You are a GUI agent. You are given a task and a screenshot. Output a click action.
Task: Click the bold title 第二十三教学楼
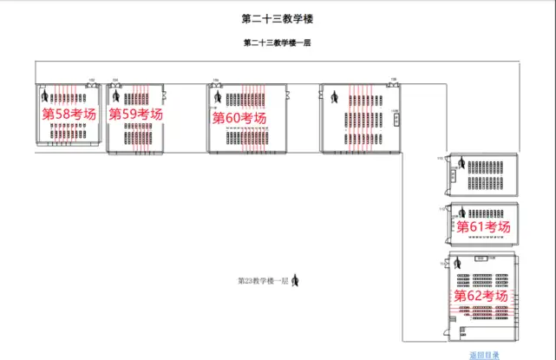[278, 17]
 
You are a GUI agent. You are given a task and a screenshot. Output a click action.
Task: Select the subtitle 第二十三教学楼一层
[278, 43]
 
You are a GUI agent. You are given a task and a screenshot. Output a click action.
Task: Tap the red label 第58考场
[69, 114]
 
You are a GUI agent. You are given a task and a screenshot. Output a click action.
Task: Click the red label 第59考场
[135, 114]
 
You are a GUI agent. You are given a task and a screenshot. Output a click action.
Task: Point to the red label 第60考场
[239, 118]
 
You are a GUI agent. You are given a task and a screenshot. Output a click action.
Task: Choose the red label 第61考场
[483, 226]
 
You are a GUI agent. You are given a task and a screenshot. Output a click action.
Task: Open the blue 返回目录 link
[484, 354]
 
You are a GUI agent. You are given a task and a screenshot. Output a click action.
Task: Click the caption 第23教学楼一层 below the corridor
[263, 280]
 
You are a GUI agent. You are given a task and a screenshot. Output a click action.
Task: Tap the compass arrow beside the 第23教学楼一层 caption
[296, 279]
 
